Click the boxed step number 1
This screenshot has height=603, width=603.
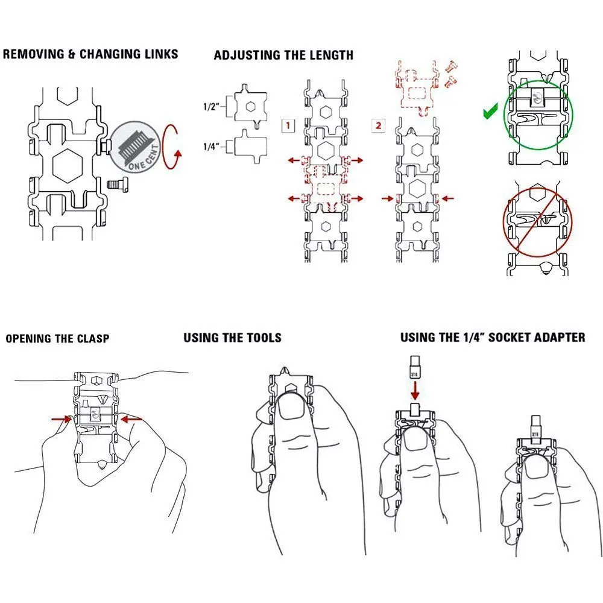pyautogui.click(x=288, y=126)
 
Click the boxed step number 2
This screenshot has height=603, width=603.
pyautogui.click(x=378, y=125)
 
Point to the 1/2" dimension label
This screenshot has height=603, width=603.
pyautogui.click(x=211, y=106)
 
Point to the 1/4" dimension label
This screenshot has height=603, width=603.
pyautogui.click(x=211, y=146)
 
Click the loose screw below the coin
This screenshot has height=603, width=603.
pyautogui.click(x=117, y=185)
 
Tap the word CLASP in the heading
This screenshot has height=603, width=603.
pyautogui.click(x=93, y=338)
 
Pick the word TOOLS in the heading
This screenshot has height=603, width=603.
pyautogui.click(x=264, y=338)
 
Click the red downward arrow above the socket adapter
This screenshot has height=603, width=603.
pyautogui.click(x=415, y=390)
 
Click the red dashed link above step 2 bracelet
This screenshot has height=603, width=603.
pyautogui.click(x=418, y=89)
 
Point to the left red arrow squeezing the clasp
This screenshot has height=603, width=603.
pyautogui.click(x=62, y=419)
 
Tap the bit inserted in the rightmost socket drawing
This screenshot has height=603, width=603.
pyautogui.click(x=535, y=427)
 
